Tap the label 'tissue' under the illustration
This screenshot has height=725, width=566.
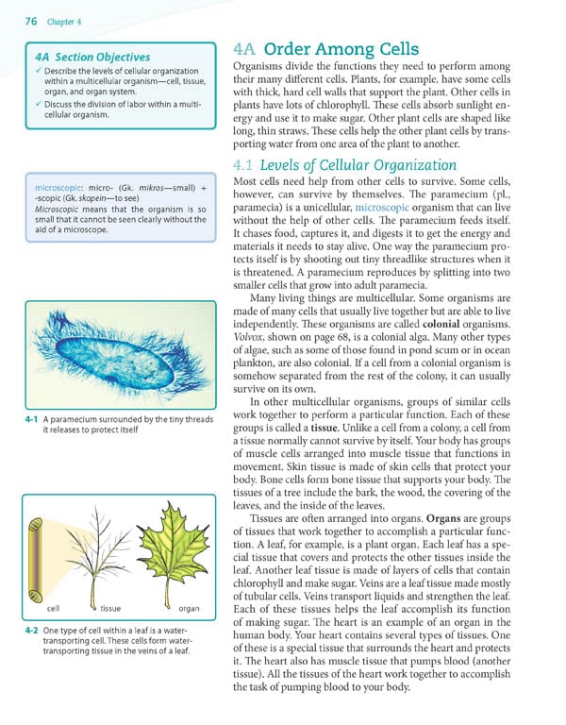click(110, 609)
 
